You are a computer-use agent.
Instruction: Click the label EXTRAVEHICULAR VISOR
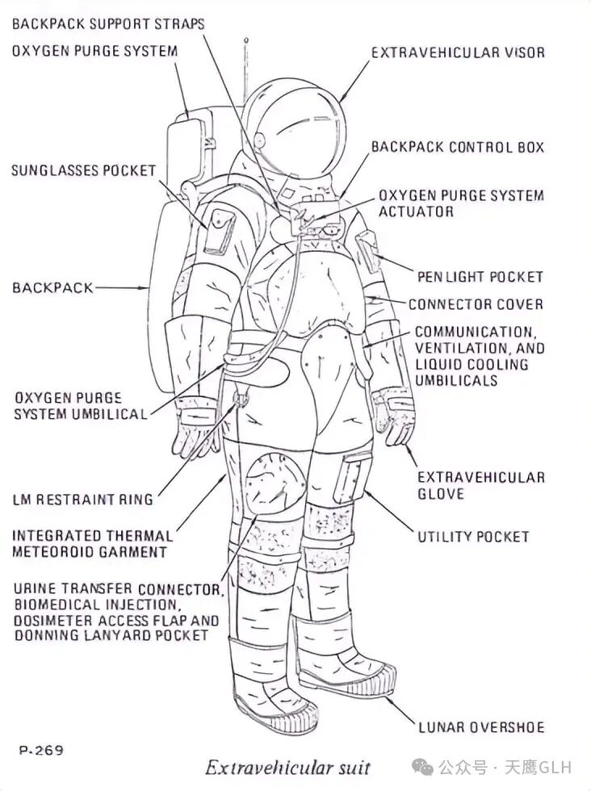click(x=458, y=52)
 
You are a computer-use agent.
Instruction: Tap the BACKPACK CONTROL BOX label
click(x=457, y=148)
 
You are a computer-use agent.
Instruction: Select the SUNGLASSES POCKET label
click(x=83, y=171)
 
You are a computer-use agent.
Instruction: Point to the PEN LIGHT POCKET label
click(x=480, y=277)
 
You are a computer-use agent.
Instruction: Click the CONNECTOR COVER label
click(x=476, y=304)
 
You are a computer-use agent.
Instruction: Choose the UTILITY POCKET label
click(x=473, y=537)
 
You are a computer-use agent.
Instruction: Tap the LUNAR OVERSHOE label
click(x=481, y=727)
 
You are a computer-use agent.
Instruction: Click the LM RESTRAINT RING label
click(x=82, y=500)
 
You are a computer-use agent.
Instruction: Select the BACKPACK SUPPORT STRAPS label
click(x=108, y=23)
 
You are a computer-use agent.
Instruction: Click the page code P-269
click(x=40, y=751)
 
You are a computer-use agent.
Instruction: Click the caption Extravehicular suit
click(x=287, y=767)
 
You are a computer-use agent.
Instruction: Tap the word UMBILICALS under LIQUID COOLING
click(x=456, y=380)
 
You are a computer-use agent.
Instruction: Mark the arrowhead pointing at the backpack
click(x=145, y=287)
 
